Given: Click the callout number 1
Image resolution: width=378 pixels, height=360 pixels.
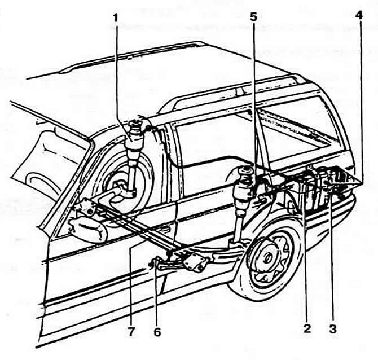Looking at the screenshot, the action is [116, 18].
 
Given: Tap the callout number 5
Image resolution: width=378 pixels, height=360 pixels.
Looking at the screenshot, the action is [254, 17].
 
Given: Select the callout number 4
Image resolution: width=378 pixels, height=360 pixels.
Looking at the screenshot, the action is [358, 15].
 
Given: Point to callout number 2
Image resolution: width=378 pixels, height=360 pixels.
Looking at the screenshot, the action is [307, 329].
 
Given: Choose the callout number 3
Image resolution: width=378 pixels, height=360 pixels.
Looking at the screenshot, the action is [333, 329].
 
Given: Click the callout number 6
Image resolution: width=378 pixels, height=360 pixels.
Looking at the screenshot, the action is [157, 332].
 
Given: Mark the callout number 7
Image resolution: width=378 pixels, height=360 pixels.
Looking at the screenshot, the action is [131, 332].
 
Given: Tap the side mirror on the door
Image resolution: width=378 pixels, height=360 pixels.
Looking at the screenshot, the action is [88, 229].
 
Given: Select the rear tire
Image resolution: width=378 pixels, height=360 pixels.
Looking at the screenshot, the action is [266, 259].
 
